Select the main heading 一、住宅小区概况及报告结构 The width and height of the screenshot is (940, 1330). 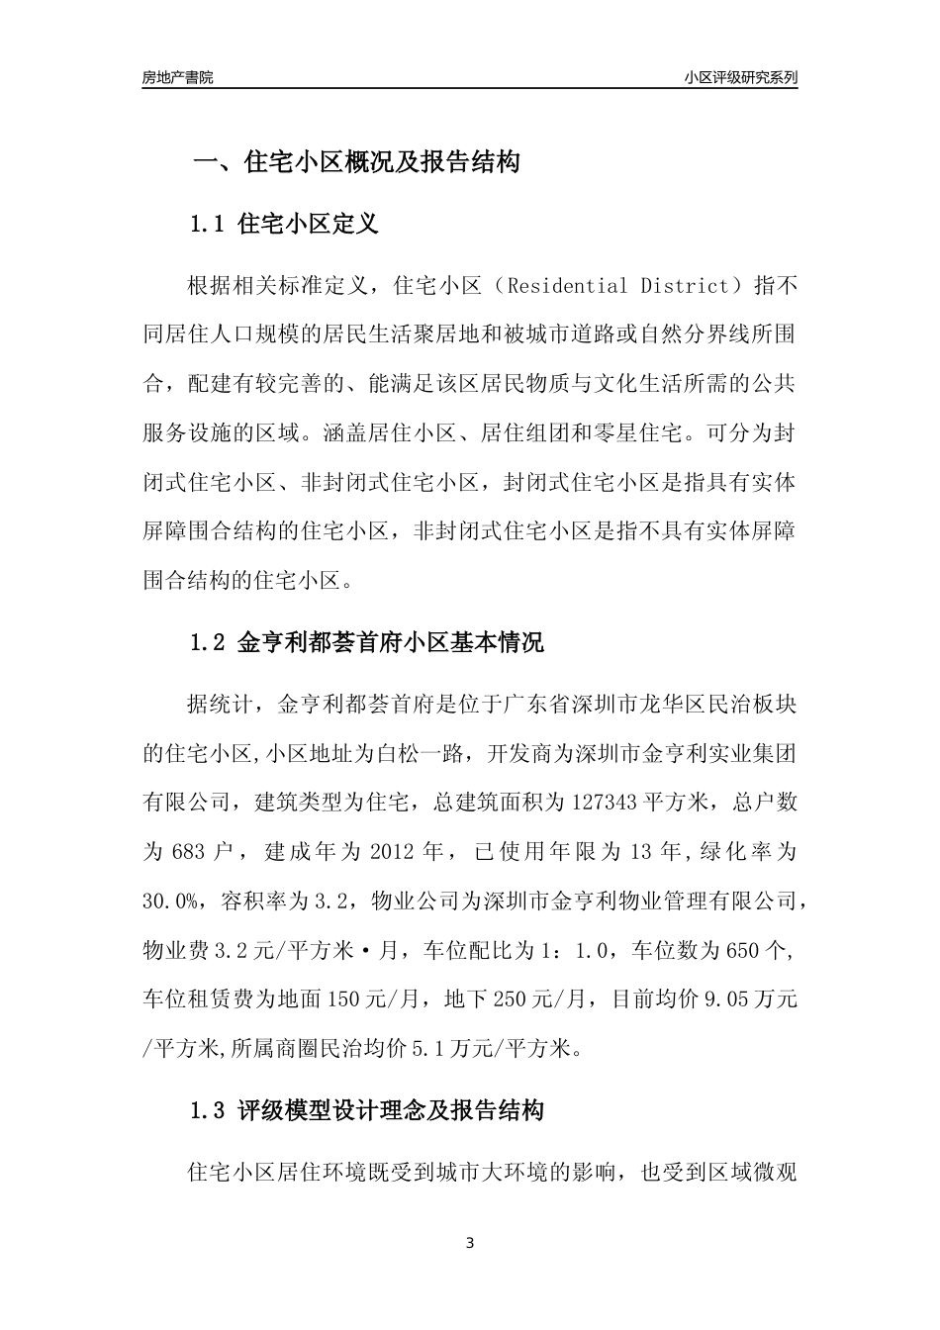pos(355,161)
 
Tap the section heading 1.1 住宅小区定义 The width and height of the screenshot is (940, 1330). pos(284,224)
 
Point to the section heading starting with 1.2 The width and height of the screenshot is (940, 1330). pos(366,642)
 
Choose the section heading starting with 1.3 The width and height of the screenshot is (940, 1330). pos(366,1110)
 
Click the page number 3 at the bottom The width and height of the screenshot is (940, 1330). pos(470,1242)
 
